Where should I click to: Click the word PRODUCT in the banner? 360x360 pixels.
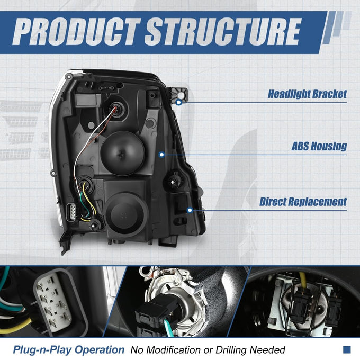click(76, 31)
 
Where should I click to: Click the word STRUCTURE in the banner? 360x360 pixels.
click(223, 31)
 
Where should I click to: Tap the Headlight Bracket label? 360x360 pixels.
click(307, 94)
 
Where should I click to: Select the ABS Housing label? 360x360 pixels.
click(319, 146)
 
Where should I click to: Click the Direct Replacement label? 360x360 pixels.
click(303, 202)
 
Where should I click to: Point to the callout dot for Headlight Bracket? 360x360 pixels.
click(179, 102)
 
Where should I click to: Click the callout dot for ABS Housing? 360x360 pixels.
click(161, 155)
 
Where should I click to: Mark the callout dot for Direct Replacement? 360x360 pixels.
click(190, 210)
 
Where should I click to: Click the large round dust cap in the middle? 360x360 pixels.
click(123, 154)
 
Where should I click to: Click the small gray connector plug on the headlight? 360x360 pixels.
click(71, 212)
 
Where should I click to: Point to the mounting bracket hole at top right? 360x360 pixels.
click(181, 95)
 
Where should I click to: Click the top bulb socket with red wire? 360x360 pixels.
click(115, 109)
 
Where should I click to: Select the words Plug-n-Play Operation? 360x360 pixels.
click(69, 350)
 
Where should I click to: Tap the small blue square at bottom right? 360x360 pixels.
click(347, 349)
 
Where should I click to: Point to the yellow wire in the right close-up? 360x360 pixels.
click(303, 280)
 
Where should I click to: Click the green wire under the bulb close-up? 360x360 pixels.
click(169, 327)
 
